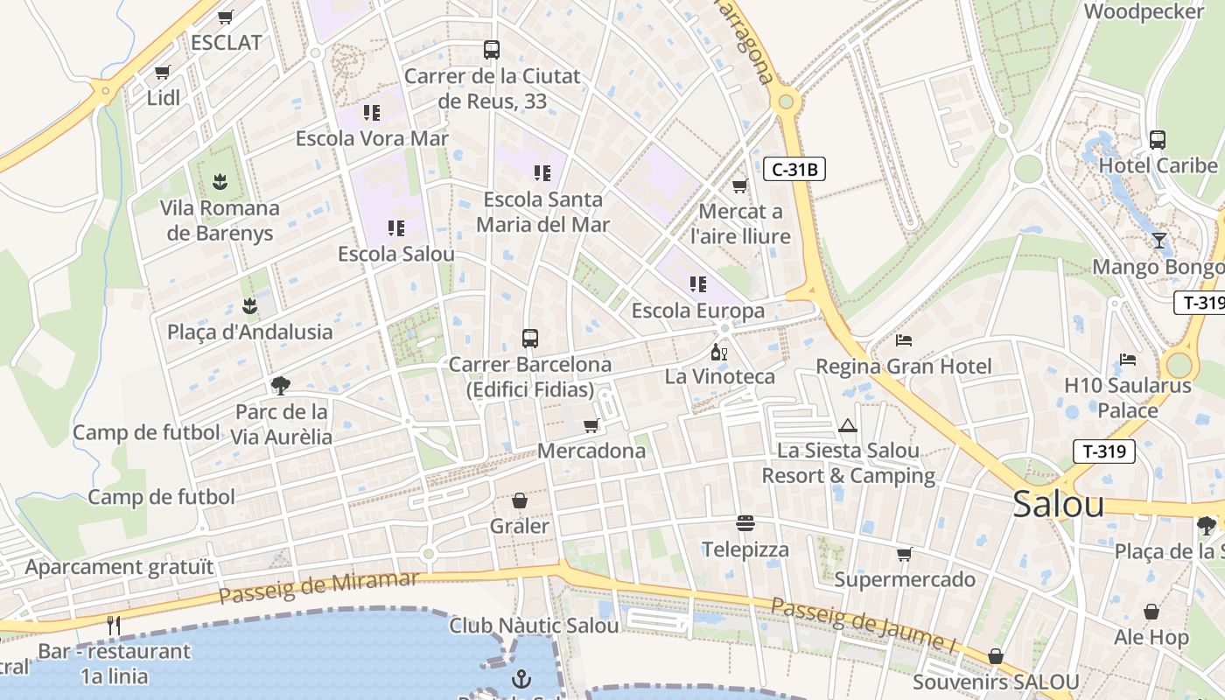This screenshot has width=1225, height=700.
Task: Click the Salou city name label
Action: pyautogui.click(x=1058, y=505)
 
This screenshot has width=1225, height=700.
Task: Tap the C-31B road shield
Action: pyautogui.click(x=794, y=169)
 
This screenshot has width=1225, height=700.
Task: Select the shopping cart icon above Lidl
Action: pyautogui.click(x=162, y=73)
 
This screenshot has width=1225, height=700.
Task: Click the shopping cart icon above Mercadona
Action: pyautogui.click(x=591, y=426)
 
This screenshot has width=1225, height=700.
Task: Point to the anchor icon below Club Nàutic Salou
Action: pyautogui.click(x=521, y=678)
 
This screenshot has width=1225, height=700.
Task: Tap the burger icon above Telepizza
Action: pyautogui.click(x=745, y=523)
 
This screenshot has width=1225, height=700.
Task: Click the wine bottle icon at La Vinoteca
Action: pyautogui.click(x=719, y=353)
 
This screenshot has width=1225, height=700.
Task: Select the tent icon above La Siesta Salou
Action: pyautogui.click(x=846, y=426)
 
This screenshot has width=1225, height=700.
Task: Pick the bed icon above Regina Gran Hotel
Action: pyautogui.click(x=904, y=340)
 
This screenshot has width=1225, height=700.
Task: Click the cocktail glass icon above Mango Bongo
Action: pyautogui.click(x=1159, y=241)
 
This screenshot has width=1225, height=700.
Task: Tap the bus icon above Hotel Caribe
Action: pyautogui.click(x=1158, y=139)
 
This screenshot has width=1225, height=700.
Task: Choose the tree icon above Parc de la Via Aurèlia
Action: pyautogui.click(x=281, y=385)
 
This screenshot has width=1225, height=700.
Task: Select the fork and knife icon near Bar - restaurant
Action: pyautogui.click(x=114, y=625)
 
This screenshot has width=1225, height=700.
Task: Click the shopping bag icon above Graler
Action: pyautogui.click(x=520, y=500)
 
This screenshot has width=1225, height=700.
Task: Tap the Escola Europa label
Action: pyautogui.click(x=697, y=311)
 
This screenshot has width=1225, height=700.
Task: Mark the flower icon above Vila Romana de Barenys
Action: pyautogui.click(x=220, y=182)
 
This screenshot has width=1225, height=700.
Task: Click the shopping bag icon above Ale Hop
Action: pyautogui.click(x=1151, y=612)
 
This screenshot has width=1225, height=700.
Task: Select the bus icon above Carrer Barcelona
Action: pyautogui.click(x=529, y=339)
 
